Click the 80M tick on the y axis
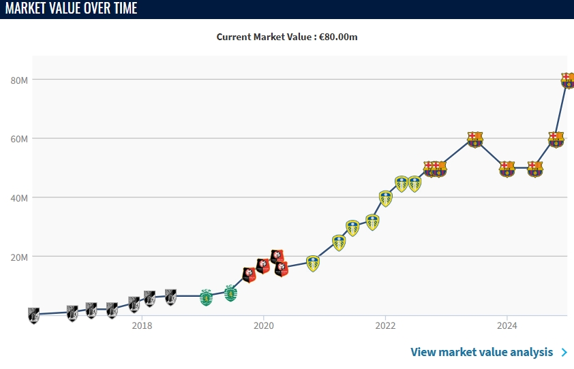[x=18, y=80]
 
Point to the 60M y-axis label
[x=18, y=139]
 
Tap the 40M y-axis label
[x=18, y=198]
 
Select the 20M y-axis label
[x=18, y=257]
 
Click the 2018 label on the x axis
[x=142, y=325]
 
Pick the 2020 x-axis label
[x=263, y=325]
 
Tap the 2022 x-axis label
[x=385, y=325]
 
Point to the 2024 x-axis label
[x=507, y=325]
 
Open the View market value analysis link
[x=481, y=352]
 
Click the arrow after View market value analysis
[x=564, y=352]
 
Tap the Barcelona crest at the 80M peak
[x=568, y=80]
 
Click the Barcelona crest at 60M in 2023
[x=474, y=139]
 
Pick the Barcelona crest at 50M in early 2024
[x=507, y=168]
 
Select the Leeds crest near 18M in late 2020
[x=313, y=263]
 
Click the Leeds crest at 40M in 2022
[x=386, y=198]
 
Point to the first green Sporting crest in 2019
[x=206, y=298]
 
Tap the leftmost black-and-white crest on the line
[x=33, y=315]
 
